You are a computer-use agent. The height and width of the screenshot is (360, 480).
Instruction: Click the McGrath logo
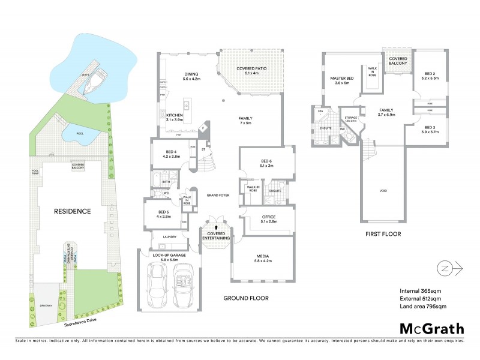tap(432, 328)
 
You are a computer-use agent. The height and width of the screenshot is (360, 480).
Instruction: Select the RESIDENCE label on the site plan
tap(73, 211)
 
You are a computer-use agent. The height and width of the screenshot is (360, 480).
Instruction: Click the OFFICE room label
tap(268, 218)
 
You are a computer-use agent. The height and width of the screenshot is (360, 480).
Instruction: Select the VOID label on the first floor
tap(383, 191)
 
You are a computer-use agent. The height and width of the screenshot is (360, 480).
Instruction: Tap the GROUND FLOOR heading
tap(245, 298)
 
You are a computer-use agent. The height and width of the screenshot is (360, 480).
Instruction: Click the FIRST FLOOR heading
tap(383, 234)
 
